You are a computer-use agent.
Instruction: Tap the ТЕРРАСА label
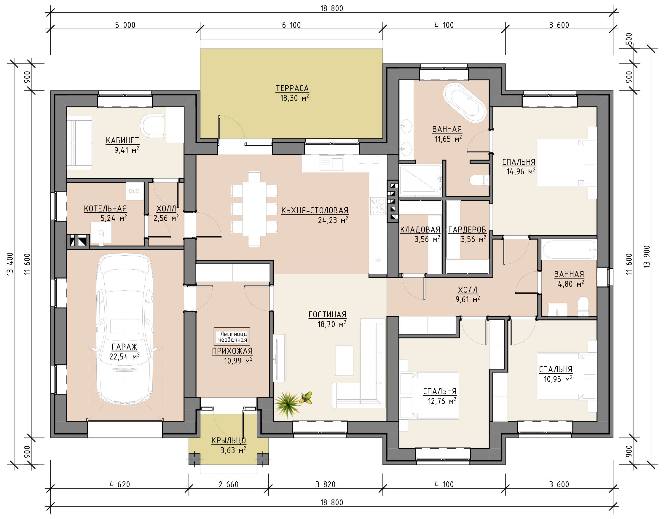[x=292, y=88]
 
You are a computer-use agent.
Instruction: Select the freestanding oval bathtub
[x=465, y=103]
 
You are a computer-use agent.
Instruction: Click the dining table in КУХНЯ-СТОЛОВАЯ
[x=254, y=209]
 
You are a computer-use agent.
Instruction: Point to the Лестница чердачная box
[x=232, y=337]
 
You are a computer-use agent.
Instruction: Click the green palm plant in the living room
[x=288, y=404]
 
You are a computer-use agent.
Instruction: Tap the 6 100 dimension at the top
[x=291, y=25]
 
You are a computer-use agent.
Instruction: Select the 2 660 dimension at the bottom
[x=229, y=484]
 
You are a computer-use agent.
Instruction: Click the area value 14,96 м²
[x=521, y=172]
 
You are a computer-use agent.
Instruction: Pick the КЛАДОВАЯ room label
[x=420, y=230]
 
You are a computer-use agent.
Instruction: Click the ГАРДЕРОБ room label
[x=467, y=230]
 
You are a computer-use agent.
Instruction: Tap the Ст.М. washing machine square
[x=135, y=191]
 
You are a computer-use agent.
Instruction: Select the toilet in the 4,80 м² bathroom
[x=583, y=306]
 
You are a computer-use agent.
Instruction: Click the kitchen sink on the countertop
[x=331, y=163]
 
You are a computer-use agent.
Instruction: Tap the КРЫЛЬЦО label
[x=229, y=440]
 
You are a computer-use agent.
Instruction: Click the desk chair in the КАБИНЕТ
[x=152, y=125]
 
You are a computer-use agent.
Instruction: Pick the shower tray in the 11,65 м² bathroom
[x=420, y=180]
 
